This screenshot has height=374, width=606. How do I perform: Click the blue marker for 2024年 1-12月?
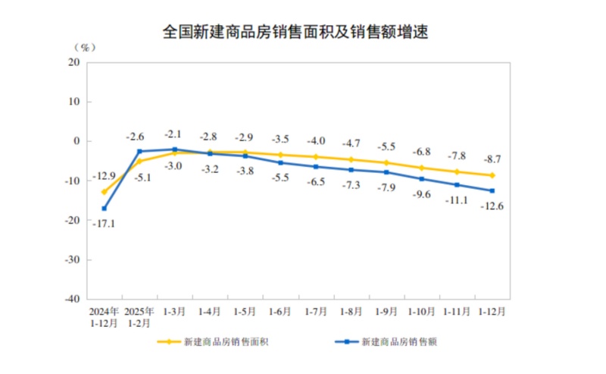(104, 209)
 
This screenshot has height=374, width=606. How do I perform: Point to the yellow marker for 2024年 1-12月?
(104, 192)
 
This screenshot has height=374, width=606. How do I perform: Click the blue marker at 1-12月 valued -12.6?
(492, 190)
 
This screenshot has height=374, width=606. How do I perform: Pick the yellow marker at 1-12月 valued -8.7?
(492, 175)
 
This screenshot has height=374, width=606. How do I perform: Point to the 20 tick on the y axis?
(74, 62)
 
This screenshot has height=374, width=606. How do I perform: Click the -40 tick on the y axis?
(73, 299)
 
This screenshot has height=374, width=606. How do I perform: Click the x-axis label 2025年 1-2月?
(139, 317)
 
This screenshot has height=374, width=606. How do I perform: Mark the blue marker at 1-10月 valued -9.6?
(421, 179)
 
